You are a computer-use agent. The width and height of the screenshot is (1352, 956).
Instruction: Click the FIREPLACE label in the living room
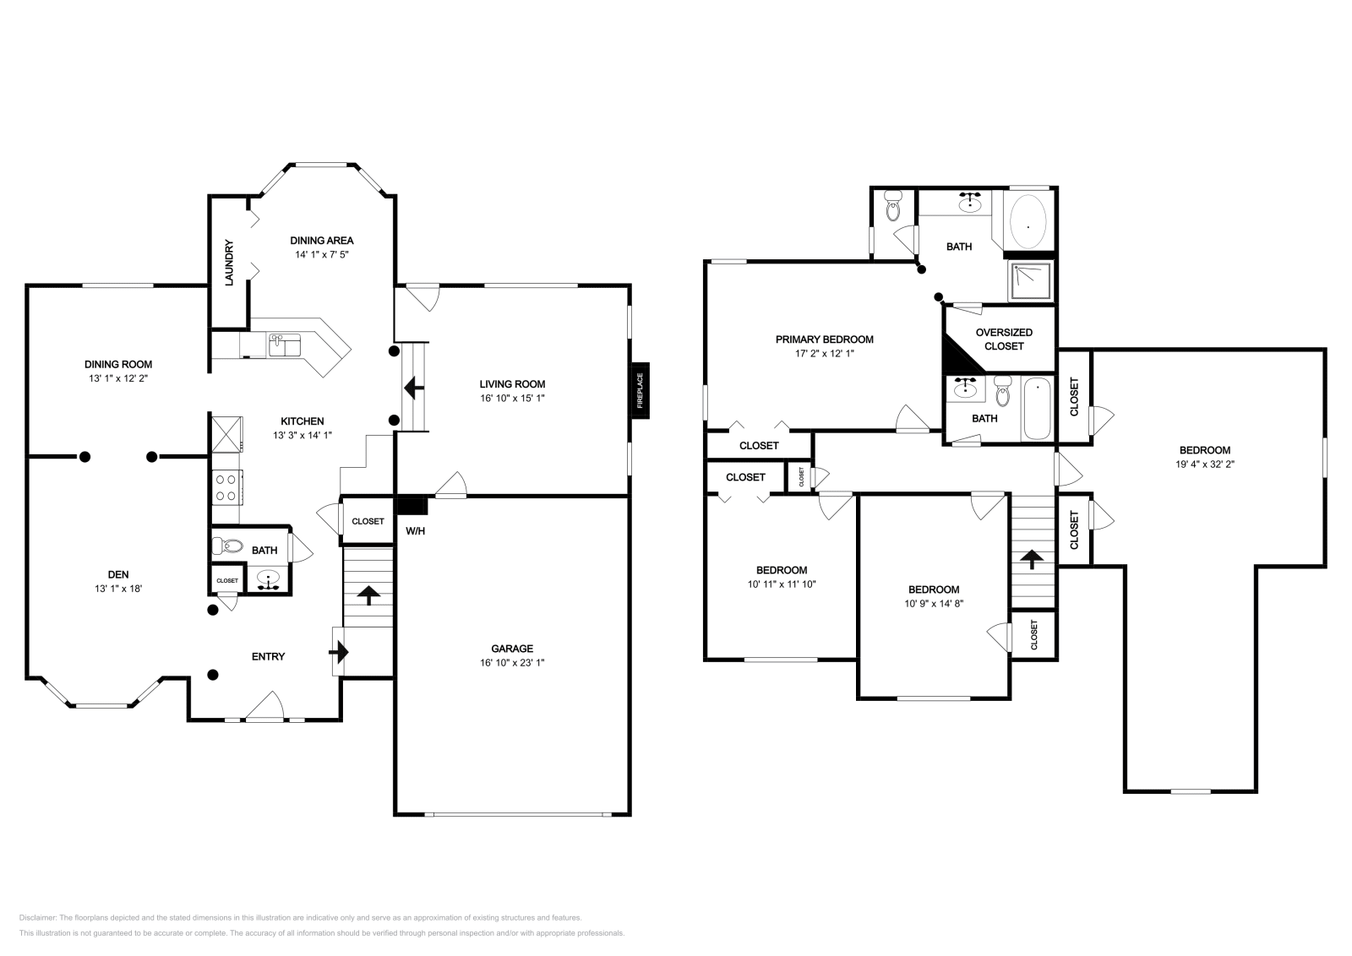(640, 390)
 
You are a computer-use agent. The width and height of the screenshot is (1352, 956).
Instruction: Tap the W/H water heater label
(415, 530)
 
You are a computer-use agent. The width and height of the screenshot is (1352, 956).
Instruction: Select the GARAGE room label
(512, 649)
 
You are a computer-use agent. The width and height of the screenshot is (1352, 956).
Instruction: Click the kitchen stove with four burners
(227, 487)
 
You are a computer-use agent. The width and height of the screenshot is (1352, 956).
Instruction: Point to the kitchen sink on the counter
(285, 345)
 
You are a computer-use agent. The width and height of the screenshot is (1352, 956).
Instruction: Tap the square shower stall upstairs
(1032, 281)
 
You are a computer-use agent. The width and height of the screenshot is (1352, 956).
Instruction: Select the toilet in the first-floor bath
(227, 546)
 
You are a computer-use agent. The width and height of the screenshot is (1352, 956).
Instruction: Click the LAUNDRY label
(229, 263)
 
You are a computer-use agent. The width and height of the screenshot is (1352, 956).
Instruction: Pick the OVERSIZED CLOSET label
(1004, 339)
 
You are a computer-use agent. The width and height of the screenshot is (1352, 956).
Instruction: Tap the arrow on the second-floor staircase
(1032, 558)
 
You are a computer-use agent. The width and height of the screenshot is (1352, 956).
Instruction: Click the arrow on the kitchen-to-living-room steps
(414, 388)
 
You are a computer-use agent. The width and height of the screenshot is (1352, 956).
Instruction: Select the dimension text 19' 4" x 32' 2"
(1205, 464)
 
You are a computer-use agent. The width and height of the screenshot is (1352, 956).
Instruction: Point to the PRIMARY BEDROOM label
(825, 339)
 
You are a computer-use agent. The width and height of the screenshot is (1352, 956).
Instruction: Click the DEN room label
(118, 575)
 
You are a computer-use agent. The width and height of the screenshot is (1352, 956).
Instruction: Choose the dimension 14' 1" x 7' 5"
(322, 254)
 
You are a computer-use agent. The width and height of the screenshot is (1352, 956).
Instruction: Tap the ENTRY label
(268, 656)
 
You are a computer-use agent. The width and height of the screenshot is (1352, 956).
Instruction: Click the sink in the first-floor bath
(268, 579)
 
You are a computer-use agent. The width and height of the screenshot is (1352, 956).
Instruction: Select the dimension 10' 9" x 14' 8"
(934, 603)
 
